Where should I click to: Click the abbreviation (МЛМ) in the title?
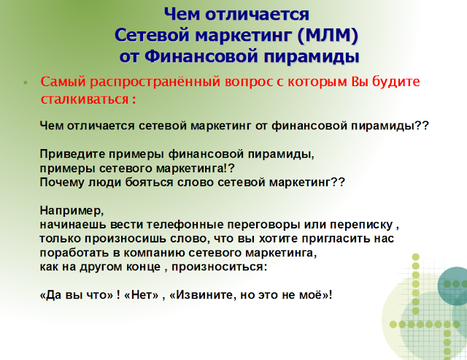(x=328, y=35)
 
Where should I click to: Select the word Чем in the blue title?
(x=182, y=14)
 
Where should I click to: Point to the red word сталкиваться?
(x=85, y=99)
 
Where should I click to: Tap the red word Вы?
(x=360, y=81)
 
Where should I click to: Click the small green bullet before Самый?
(x=26, y=83)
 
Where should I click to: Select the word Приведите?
(x=72, y=154)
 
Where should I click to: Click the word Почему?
(x=62, y=182)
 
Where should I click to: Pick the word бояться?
(x=149, y=182)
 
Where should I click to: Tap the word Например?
(x=72, y=211)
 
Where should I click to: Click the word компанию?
(x=154, y=253)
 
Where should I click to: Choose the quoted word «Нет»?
(x=142, y=295)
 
